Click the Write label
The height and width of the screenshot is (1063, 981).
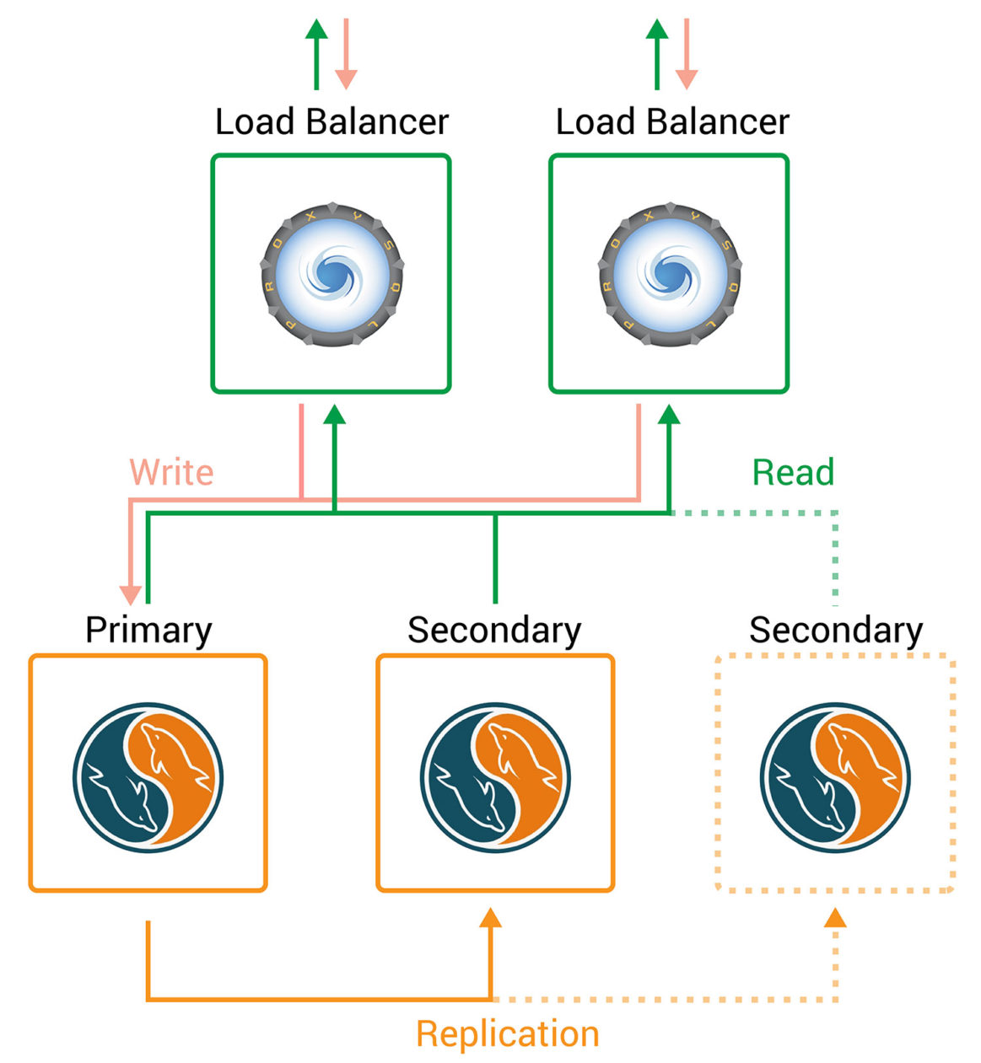click(x=171, y=472)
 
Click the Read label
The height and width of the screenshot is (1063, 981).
click(x=793, y=472)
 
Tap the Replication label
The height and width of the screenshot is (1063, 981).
click(x=507, y=1033)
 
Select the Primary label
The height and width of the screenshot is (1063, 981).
click(x=148, y=631)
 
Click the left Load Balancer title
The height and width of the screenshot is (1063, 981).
click(x=331, y=122)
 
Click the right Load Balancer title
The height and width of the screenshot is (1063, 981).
click(x=672, y=122)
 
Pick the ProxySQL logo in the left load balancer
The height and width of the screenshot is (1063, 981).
click(x=332, y=273)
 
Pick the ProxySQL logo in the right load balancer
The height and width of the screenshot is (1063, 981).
click(x=670, y=273)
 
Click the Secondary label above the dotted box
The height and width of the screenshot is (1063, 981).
click(x=836, y=631)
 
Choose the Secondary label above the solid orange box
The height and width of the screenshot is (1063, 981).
click(x=494, y=631)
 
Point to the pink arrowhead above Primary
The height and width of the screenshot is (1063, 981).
click(x=131, y=593)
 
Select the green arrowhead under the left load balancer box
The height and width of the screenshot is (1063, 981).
click(x=335, y=414)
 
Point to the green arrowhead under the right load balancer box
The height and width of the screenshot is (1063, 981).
click(x=669, y=414)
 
